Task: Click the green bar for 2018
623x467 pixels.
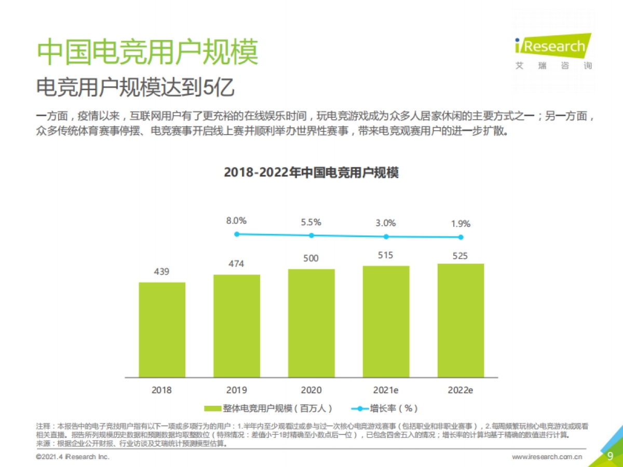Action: coord(162,329)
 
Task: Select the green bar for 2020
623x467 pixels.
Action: coord(311,323)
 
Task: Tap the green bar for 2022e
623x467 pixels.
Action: coord(461,320)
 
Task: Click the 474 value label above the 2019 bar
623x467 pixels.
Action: coord(237,264)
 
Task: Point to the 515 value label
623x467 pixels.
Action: coord(386,255)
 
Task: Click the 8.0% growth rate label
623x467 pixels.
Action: coord(236,221)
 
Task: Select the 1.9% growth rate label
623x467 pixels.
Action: coord(460,224)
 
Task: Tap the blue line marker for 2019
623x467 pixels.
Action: coord(237,234)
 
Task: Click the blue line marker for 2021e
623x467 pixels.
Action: coord(386,236)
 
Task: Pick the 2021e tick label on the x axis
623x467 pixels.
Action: coord(386,390)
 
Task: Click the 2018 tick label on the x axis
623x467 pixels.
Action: coord(161,390)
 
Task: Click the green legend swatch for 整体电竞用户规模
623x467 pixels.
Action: coord(213,408)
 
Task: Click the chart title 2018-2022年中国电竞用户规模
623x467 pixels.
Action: coord(311,172)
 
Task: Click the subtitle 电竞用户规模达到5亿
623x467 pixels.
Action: coord(135,88)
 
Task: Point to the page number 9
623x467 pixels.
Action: coord(611,456)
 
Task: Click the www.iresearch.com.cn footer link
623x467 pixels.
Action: coord(547,457)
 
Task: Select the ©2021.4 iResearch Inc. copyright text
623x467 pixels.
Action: coord(73,457)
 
